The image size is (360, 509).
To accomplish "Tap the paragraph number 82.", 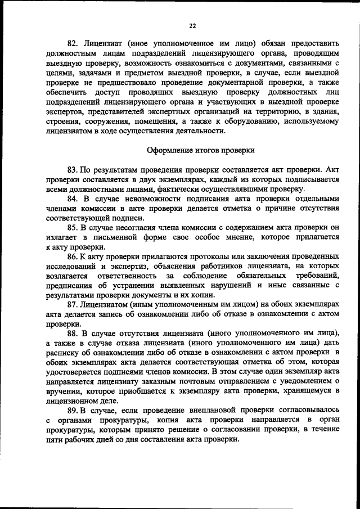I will point(73,42).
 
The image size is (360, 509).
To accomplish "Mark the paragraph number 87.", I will point(73,304).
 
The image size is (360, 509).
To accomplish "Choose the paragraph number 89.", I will point(73,411).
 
